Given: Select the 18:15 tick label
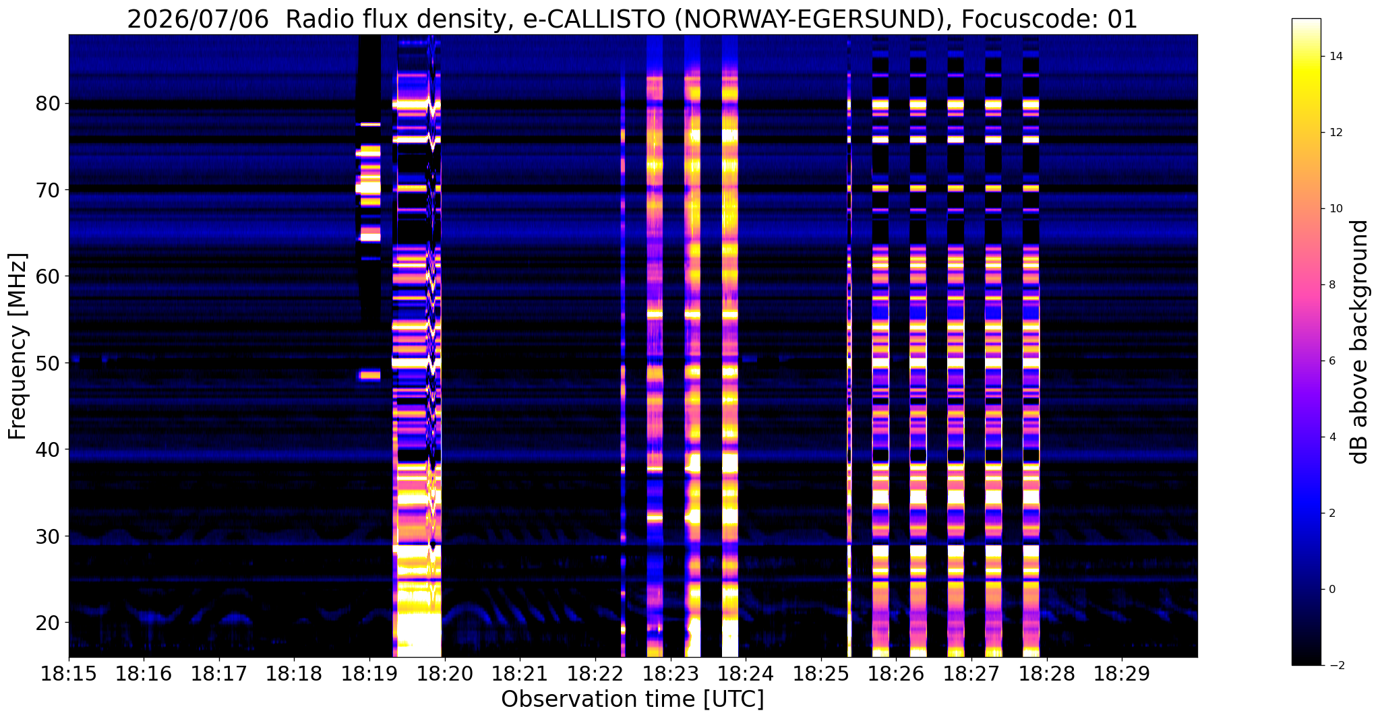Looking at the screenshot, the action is pos(69,675).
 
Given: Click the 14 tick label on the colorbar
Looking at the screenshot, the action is pos(1335,56).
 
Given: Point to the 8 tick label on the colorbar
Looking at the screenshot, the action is pos(1331,284).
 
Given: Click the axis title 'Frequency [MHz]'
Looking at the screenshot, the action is pos(18,346).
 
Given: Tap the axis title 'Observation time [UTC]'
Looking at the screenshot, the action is pos(632,699).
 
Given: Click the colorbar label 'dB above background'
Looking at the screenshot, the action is pos(1360,342).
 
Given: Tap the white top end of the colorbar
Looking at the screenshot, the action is pos(1306,22).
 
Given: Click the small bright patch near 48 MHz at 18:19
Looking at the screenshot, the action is pos(370,375).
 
